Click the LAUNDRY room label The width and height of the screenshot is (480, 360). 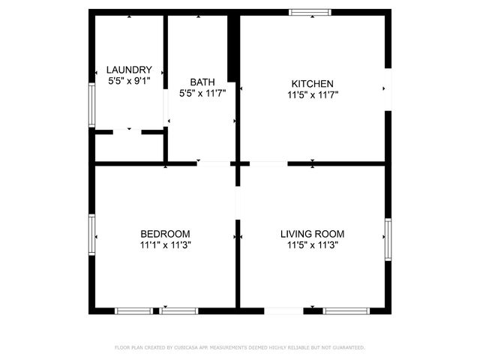[129, 69]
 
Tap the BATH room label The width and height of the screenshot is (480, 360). [202, 82]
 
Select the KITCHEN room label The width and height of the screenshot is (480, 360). [312, 83]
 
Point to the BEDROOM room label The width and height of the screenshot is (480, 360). [165, 233]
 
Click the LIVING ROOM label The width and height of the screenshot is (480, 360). [312, 233]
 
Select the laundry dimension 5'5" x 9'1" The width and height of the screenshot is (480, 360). [129, 79]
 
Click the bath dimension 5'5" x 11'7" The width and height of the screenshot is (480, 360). [202, 93]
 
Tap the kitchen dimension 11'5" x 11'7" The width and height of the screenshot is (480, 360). [312, 94]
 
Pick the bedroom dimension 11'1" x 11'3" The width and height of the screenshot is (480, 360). [165, 244]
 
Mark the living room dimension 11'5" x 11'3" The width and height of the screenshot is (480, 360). [312, 244]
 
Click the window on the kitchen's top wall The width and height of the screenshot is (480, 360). [310, 12]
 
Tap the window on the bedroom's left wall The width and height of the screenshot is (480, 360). [91, 235]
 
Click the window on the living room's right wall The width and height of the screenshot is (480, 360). [388, 239]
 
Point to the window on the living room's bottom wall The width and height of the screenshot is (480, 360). [346, 310]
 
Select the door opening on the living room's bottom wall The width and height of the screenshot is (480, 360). [285, 310]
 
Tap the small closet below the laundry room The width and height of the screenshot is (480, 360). [129, 147]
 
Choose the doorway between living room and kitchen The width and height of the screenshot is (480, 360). [268, 163]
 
